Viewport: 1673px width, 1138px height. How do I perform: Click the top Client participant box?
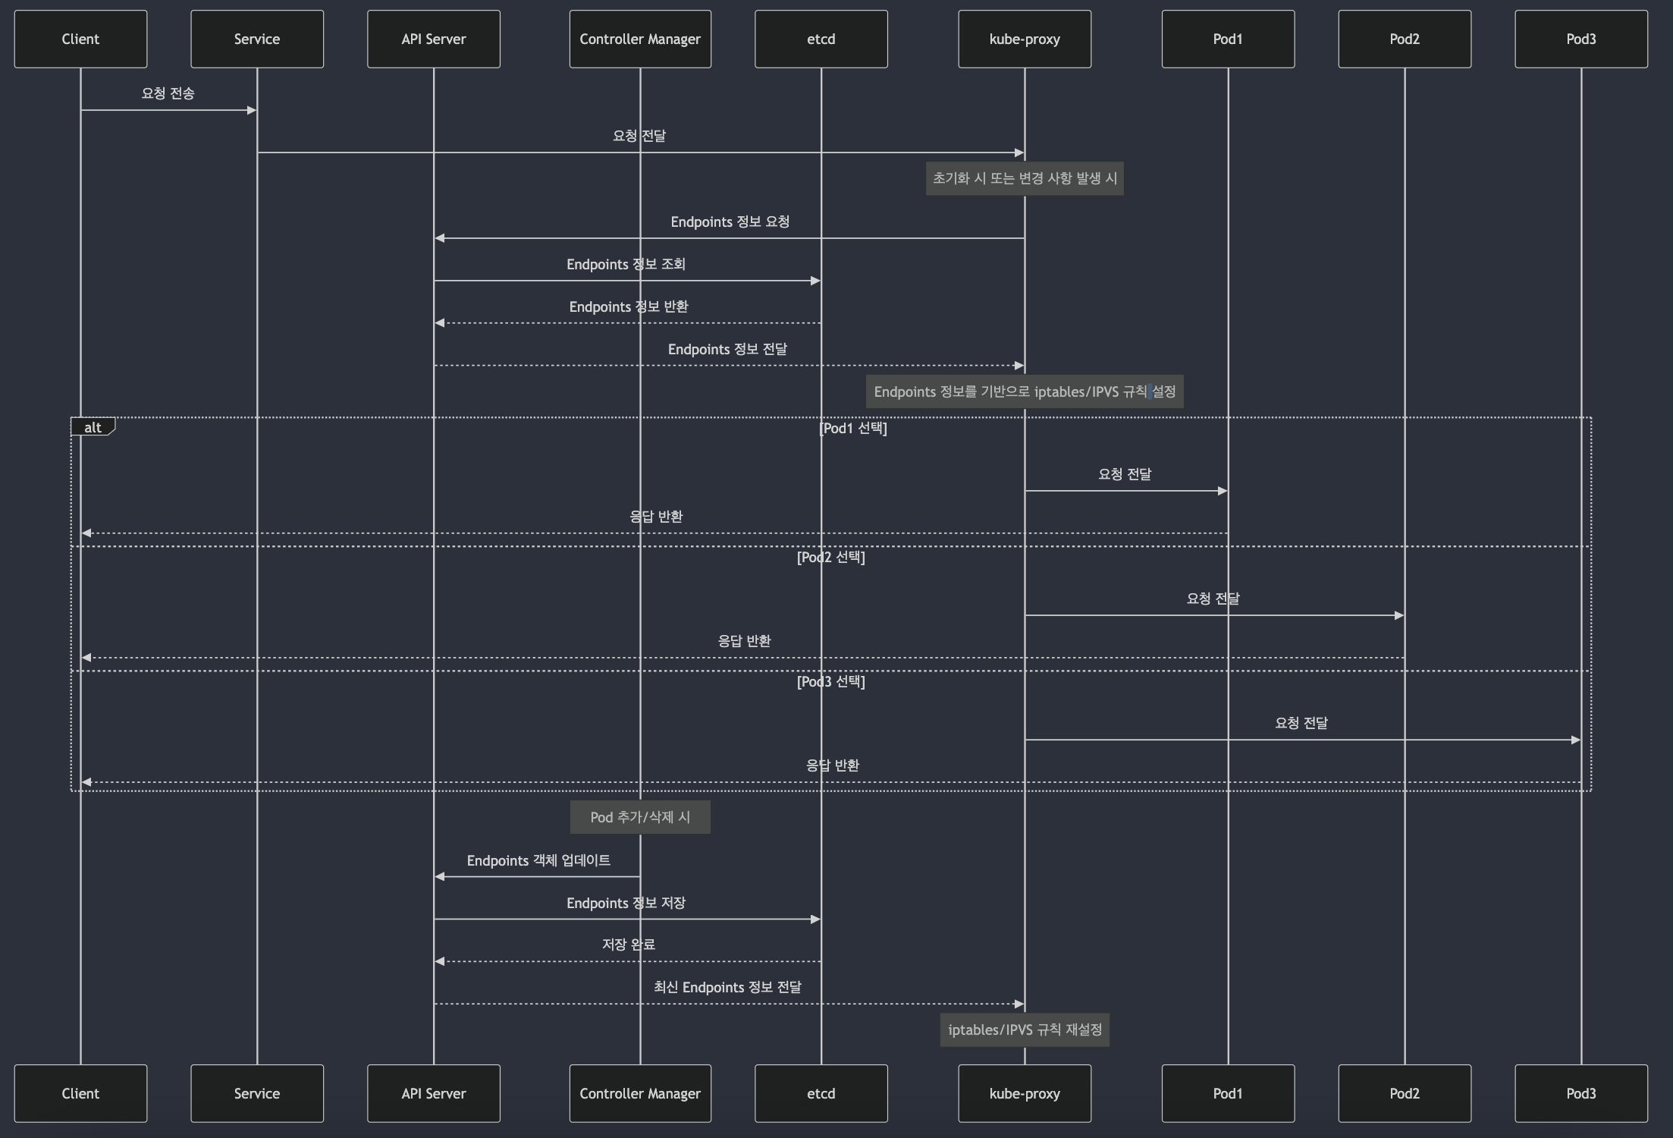80,39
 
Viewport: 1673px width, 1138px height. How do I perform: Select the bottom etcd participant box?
821,1093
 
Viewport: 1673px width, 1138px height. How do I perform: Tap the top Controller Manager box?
640,39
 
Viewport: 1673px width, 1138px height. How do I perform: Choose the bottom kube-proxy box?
1025,1093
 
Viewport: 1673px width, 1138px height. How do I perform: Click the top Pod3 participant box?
1581,39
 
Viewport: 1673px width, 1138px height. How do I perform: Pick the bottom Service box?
257,1093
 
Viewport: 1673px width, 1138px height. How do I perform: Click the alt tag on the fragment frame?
93,428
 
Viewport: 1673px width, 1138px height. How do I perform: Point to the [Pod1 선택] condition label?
853,428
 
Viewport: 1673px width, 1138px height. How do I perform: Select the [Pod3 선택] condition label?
830,681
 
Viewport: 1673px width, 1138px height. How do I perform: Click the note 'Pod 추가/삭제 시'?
640,817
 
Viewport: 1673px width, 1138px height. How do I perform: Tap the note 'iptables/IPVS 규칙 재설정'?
1025,1030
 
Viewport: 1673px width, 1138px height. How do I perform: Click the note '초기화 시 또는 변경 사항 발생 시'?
1025,178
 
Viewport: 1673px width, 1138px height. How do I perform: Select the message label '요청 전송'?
168,93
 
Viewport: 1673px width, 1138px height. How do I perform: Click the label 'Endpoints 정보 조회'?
626,264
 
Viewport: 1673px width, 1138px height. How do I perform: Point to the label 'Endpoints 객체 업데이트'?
538,860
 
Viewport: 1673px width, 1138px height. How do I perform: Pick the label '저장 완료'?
628,945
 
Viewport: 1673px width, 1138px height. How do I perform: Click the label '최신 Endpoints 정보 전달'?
727,987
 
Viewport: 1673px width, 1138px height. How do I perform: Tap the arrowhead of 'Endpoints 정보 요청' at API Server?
440,238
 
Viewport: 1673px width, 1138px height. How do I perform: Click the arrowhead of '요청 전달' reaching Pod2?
1398,615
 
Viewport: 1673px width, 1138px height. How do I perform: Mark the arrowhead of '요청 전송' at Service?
251,110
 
